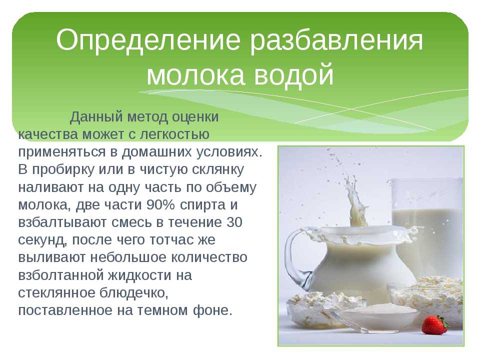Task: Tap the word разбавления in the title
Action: (336, 40)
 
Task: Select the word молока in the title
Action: (195, 74)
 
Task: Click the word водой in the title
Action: (294, 74)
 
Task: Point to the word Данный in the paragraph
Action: (96, 117)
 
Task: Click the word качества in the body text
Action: (48, 134)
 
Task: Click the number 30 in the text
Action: (234, 222)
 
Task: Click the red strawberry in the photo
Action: (435, 325)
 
